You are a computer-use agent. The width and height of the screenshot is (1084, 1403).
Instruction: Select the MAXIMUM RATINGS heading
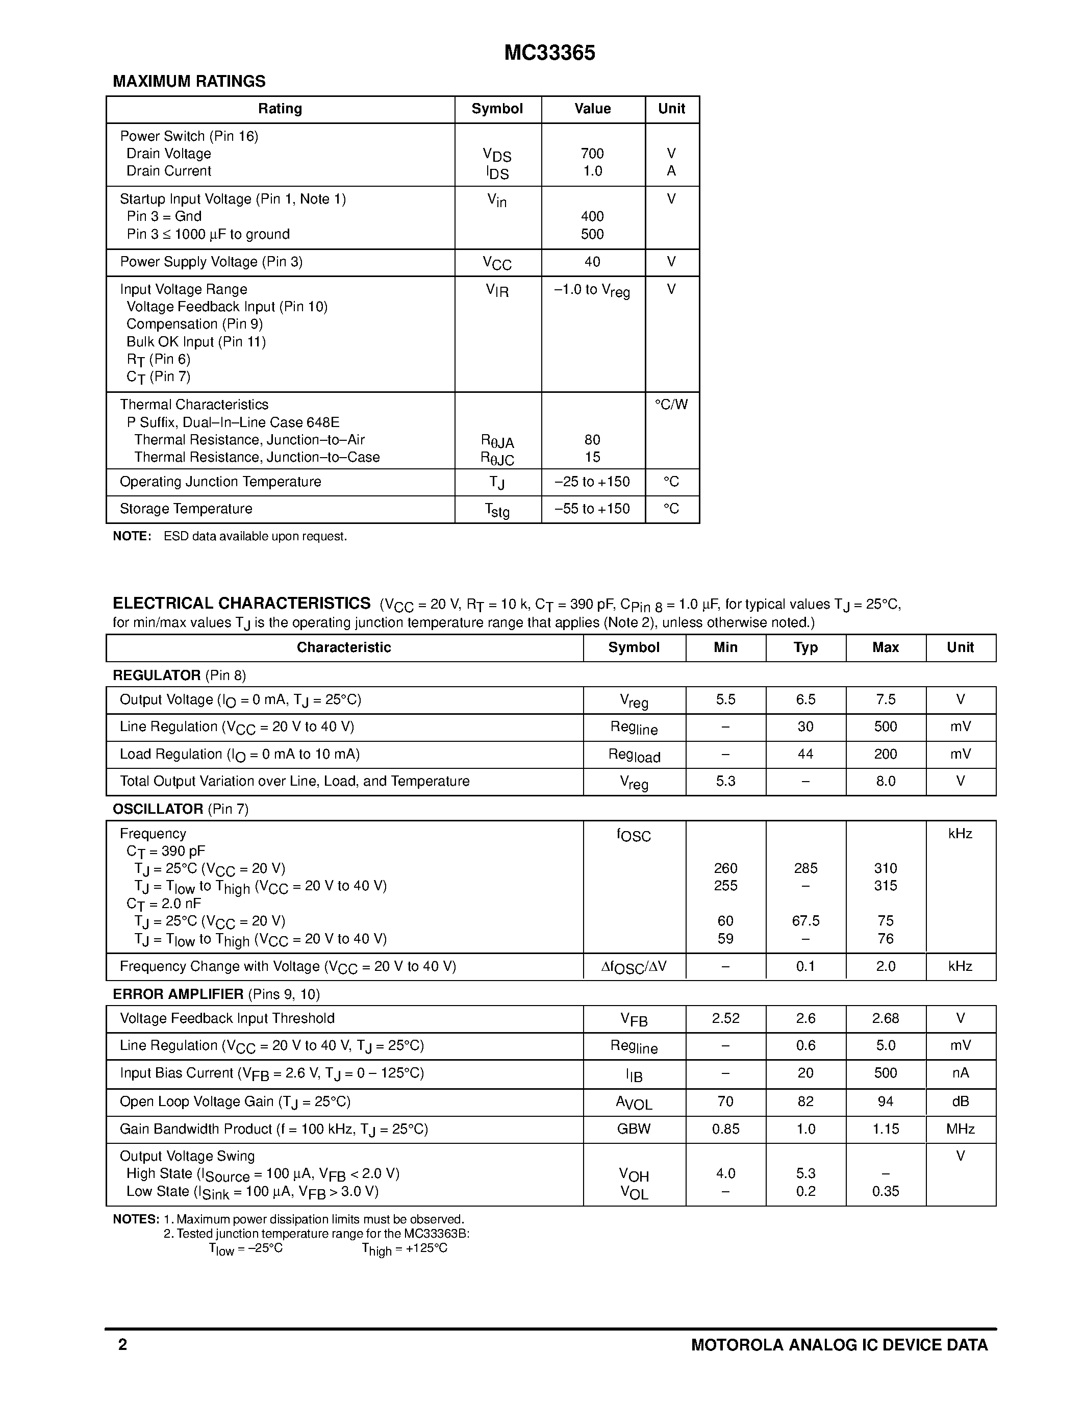tap(189, 82)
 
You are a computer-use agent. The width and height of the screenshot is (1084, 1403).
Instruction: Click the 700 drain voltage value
tap(592, 154)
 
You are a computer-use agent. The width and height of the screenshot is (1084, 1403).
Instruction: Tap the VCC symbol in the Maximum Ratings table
tap(497, 263)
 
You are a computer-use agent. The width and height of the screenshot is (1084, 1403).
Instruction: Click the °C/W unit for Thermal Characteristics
tap(671, 405)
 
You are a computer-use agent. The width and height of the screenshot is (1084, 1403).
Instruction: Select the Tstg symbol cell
tap(497, 510)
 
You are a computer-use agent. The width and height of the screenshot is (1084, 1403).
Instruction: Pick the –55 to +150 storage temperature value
tap(592, 509)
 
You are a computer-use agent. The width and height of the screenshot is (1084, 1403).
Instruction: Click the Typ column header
tap(805, 647)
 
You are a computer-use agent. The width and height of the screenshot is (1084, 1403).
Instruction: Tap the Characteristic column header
tap(344, 647)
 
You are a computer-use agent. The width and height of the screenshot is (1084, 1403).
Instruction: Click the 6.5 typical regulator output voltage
tap(805, 699)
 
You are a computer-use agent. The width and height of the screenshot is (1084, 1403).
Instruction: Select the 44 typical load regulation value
tap(805, 754)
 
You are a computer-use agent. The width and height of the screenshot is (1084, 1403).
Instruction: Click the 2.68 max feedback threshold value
tap(885, 1018)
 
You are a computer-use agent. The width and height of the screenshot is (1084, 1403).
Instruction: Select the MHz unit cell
tap(960, 1129)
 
